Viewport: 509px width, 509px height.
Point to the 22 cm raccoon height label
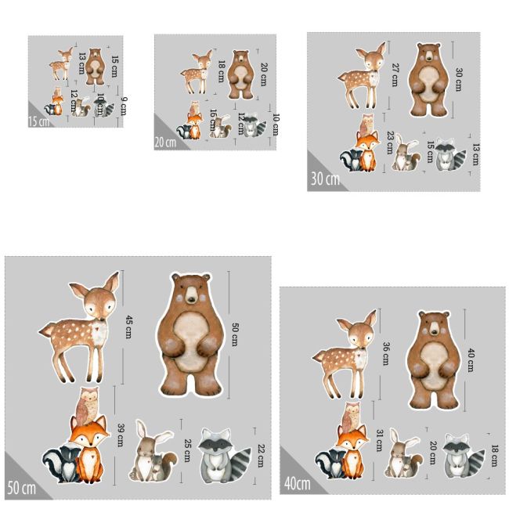point(262,453)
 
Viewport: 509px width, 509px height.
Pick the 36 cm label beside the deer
point(385,353)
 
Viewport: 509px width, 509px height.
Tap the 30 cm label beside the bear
point(458,79)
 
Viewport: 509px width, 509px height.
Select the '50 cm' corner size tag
point(22,488)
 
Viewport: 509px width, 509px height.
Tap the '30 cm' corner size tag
point(325,179)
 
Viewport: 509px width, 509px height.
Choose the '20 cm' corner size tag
point(165,142)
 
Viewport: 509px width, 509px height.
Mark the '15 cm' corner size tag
point(38,121)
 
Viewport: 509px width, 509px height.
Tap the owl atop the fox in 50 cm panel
point(87,406)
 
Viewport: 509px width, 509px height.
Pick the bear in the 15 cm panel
point(95,66)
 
